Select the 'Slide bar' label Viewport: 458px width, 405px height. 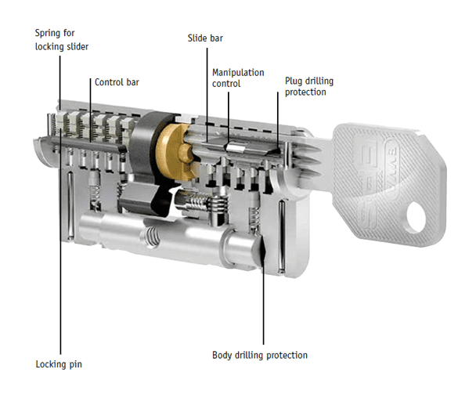pos(205,38)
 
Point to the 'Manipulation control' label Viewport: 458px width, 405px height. pos(238,78)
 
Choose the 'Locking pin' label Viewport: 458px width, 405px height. pos(59,364)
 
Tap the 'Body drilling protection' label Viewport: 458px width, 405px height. pos(260,355)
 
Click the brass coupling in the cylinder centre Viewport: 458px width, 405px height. pos(173,149)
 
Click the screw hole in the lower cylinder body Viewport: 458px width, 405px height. pos(150,235)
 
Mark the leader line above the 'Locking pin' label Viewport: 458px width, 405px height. pos(60,313)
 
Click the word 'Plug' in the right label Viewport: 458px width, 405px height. pos(294,80)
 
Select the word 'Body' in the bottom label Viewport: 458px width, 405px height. pos(223,355)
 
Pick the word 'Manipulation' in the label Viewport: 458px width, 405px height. pos(238,72)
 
